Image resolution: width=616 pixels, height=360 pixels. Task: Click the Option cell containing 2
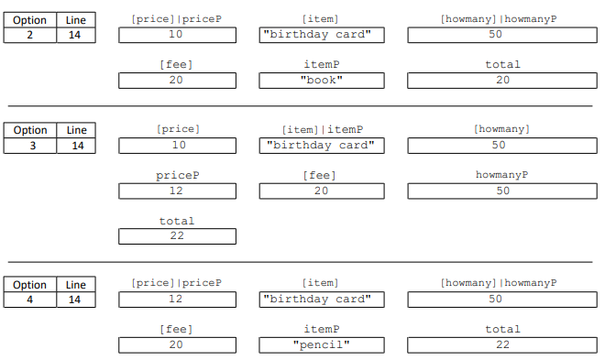(x=30, y=36)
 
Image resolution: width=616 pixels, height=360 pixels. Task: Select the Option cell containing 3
(x=30, y=146)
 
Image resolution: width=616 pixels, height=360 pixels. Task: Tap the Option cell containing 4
(x=30, y=300)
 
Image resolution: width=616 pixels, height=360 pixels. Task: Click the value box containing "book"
(x=321, y=81)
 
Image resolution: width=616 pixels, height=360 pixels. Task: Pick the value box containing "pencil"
(x=321, y=344)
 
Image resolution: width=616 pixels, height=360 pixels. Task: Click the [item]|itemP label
(x=322, y=129)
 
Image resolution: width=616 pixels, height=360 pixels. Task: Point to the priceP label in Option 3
(x=177, y=175)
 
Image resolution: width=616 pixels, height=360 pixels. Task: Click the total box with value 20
(x=502, y=81)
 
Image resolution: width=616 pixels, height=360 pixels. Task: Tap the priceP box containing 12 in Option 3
(x=177, y=191)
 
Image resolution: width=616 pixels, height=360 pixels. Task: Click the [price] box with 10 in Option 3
(x=177, y=145)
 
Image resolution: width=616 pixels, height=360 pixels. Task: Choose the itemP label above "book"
(x=321, y=65)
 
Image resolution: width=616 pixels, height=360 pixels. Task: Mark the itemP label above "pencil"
(x=321, y=329)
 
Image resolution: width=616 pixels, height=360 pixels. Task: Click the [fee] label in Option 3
(x=321, y=175)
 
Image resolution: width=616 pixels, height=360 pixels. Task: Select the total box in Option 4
(x=502, y=344)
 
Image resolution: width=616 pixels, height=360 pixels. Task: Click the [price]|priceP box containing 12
(x=177, y=299)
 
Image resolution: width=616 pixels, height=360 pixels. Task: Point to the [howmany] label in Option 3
(x=501, y=129)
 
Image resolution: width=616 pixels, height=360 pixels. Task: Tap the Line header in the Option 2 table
(x=76, y=20)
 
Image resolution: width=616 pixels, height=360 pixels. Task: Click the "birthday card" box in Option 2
(x=321, y=35)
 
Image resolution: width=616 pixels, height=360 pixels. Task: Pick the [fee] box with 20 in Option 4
(x=177, y=344)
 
